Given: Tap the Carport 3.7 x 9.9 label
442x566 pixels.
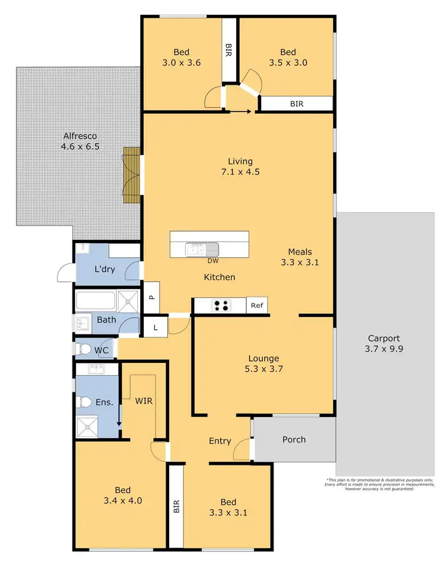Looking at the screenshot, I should pyautogui.click(x=384, y=344).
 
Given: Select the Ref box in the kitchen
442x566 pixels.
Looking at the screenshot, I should pyautogui.click(x=257, y=305).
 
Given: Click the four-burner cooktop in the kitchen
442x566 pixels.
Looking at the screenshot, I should pyautogui.click(x=222, y=305).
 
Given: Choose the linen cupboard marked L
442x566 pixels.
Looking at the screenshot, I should pyautogui.click(x=156, y=327).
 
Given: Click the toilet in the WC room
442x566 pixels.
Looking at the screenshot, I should pyautogui.click(x=82, y=349).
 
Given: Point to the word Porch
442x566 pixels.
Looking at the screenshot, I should pyautogui.click(x=294, y=439).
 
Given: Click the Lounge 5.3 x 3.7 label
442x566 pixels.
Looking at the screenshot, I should pyautogui.click(x=263, y=363).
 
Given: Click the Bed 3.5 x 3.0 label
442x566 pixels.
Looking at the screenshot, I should pyautogui.click(x=288, y=57).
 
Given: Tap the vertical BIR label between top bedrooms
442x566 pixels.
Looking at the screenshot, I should pyautogui.click(x=229, y=50).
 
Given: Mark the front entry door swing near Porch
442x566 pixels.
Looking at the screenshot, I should pyautogui.click(x=241, y=451).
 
